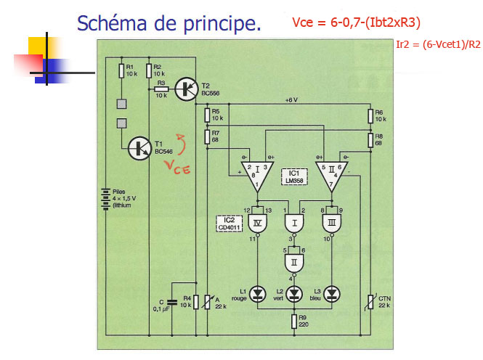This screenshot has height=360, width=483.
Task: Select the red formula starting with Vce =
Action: pyautogui.click(x=357, y=22)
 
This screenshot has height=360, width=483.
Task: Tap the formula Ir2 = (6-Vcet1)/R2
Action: pyautogui.click(x=438, y=44)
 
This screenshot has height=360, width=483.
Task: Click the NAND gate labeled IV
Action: pyautogui.click(x=259, y=221)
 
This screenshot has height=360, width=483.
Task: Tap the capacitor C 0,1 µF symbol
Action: pyautogui.click(x=172, y=301)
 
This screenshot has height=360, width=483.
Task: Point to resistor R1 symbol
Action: pyautogui.click(x=121, y=70)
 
